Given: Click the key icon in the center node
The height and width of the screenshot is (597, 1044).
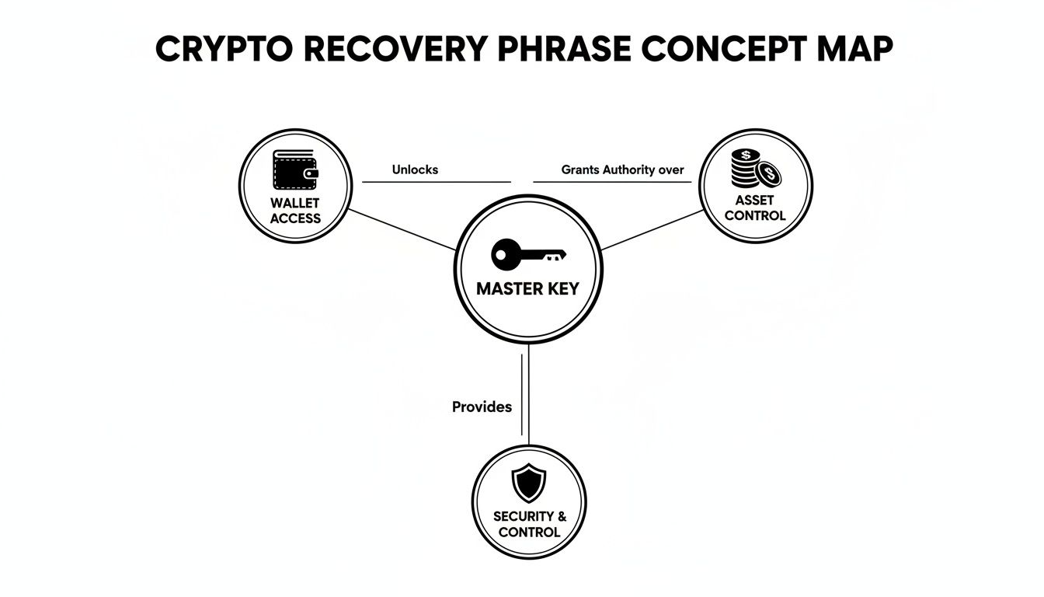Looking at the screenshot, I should point(528,254).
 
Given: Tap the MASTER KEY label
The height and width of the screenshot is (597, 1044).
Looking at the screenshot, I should point(527,288).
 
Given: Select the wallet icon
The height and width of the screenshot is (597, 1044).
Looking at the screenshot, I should point(295,170).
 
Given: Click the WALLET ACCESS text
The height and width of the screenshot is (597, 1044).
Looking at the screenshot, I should point(295,211).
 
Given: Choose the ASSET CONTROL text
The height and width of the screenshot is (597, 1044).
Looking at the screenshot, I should point(755,208).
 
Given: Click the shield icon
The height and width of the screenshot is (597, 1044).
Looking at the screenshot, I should point(529,484).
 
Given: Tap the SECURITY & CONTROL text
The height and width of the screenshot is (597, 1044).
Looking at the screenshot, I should point(529,524).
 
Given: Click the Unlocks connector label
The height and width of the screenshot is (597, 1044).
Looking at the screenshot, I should point(415,169).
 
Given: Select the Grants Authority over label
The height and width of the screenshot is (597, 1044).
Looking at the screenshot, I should point(622,169).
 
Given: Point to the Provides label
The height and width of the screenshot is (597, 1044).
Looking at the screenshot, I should point(482,407).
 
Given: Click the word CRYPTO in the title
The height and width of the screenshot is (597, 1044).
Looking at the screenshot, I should point(221,50).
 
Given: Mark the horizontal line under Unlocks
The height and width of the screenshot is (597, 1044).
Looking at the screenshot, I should point(437,183).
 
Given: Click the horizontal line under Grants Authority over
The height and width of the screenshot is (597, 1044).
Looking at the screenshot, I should point(613,183).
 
